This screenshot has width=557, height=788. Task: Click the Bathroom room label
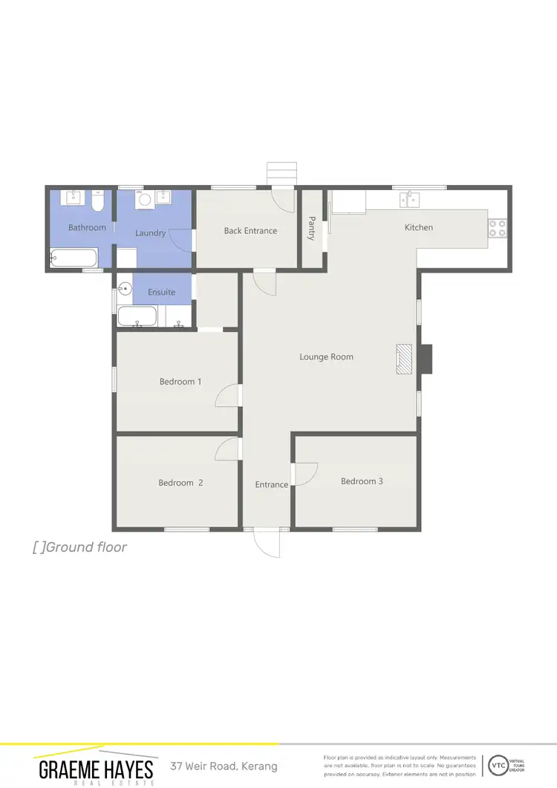coord(87,227)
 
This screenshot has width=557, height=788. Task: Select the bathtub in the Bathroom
coord(73,259)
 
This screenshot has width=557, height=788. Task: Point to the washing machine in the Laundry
coord(145,199)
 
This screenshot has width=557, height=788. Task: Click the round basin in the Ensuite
coord(125,286)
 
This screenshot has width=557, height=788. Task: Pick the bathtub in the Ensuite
coord(138,317)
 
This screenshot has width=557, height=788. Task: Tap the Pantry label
coord(311,228)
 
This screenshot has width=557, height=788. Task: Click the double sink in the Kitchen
coord(408,198)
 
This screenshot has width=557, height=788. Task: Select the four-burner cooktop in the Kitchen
coord(498,228)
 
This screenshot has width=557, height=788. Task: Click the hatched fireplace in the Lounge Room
coord(403,359)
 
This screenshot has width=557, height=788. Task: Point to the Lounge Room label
coord(326,357)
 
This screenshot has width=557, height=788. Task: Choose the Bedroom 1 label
coord(180,382)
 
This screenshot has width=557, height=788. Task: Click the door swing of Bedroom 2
coord(227,448)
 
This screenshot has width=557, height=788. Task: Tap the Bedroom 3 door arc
coord(306,474)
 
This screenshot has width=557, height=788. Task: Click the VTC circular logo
coord(499,765)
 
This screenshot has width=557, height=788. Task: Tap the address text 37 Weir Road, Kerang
coord(224,766)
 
